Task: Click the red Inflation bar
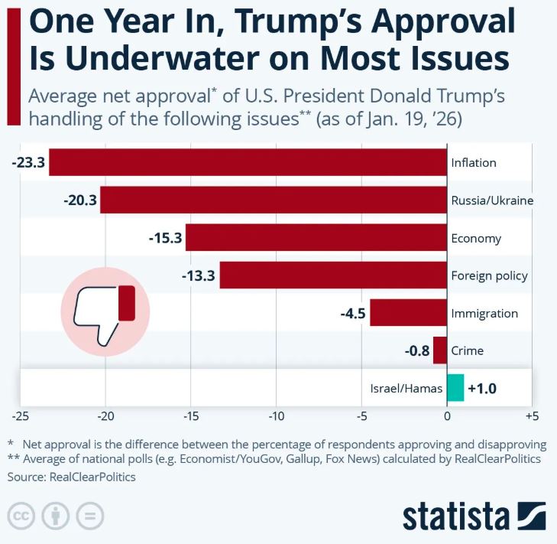point(248,162)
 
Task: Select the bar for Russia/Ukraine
point(274,200)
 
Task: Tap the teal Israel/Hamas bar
point(455,388)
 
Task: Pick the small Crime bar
point(439,350)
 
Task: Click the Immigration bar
point(408,313)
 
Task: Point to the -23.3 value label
point(29,162)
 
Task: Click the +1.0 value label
point(482,389)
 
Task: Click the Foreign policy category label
point(489,275)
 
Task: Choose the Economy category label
point(476,238)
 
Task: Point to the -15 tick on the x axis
point(191,417)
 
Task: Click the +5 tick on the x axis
point(532,417)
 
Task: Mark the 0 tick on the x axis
point(447,417)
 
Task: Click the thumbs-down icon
point(105,310)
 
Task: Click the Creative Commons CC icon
point(22,516)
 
